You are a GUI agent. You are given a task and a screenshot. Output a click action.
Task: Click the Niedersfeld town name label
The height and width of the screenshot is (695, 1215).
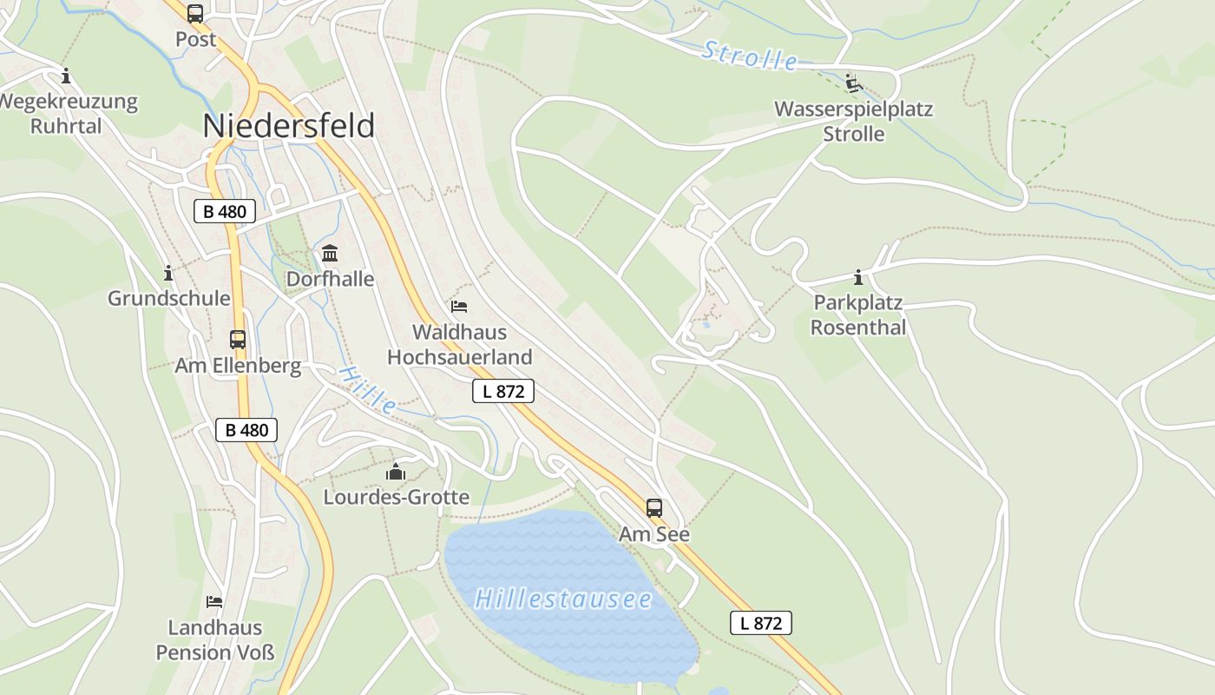coord(288,126)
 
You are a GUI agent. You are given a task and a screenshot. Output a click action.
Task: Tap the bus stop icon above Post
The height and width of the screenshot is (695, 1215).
coord(195,14)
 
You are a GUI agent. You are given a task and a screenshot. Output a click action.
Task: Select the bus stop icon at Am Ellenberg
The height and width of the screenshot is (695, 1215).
coord(238,339)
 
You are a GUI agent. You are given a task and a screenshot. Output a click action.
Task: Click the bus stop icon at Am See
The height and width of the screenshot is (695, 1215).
coord(654,508)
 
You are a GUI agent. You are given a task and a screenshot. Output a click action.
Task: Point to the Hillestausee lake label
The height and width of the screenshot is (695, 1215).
coord(563,599)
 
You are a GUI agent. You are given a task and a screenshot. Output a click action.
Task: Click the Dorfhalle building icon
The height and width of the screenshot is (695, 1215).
coord(330,254)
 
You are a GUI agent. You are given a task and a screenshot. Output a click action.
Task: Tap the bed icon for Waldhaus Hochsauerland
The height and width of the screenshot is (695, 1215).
coord(459,307)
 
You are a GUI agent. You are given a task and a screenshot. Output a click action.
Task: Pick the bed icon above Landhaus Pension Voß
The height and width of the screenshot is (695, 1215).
coord(214,601)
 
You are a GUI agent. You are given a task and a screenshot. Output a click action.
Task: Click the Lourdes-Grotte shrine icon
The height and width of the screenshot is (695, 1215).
coord(396,472)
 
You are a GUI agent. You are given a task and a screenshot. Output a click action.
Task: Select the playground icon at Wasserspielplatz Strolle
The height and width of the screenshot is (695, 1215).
coord(854,83)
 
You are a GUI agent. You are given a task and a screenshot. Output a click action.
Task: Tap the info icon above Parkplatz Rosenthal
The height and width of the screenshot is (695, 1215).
coord(858,278)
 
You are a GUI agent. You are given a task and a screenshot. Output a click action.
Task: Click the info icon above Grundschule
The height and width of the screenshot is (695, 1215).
coord(168,274)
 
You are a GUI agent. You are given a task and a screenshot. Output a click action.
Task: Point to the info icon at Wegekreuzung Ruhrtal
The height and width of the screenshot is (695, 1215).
coord(65,76)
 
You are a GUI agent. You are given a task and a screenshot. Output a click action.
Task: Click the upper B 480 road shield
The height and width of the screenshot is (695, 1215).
coord(225,211)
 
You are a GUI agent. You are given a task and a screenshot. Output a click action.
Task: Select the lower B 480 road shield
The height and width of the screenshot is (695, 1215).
coord(246,430)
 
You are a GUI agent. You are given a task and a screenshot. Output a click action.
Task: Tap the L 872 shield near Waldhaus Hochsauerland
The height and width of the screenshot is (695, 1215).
coord(503,391)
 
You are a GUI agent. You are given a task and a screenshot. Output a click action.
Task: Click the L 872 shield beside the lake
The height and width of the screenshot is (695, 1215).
coord(761,623)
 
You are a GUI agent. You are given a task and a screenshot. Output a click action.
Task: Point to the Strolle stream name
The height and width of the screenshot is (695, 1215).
coord(750,56)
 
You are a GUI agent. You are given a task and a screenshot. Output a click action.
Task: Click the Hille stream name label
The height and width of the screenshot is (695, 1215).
coord(368,389)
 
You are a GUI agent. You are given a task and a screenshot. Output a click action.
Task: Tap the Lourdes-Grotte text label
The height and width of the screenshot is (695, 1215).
coord(396,498)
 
